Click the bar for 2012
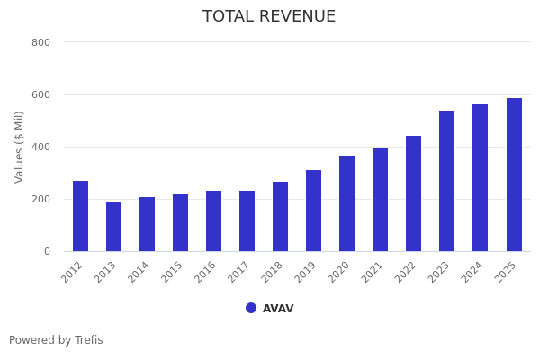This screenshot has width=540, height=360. (x=80, y=216)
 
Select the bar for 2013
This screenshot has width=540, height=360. (x=113, y=226)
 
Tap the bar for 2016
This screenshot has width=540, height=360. (x=213, y=220)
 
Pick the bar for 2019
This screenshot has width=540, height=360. (x=313, y=211)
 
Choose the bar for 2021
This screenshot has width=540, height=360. (x=380, y=200)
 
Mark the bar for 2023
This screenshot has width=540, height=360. (x=446, y=181)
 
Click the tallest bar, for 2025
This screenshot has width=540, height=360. (x=514, y=175)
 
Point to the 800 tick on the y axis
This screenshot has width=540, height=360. (x=40, y=42)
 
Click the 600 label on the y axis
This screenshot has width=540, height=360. (x=40, y=94)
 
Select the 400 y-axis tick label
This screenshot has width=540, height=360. (x=40, y=147)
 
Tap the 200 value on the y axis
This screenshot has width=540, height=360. (x=40, y=199)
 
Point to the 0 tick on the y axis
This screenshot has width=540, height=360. (x=47, y=251)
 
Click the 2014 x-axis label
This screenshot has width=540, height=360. (x=139, y=273)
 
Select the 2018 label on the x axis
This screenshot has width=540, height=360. (x=273, y=273)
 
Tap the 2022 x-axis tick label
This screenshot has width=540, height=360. (x=406, y=273)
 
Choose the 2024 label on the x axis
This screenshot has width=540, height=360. (x=472, y=273)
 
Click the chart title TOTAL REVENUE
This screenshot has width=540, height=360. (x=269, y=17)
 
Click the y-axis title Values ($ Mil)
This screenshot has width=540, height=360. (x=20, y=147)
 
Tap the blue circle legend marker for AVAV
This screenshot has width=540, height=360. (x=251, y=308)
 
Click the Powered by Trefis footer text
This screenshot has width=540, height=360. (x=56, y=340)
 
